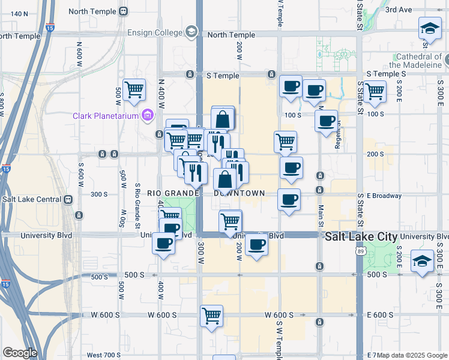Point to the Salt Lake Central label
click(x=32, y=199)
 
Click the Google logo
click(x=20, y=353)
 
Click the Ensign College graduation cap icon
click(x=191, y=31)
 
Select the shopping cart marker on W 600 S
click(x=211, y=316)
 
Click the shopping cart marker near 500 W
click(x=134, y=90)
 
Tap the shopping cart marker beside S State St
click(x=375, y=92)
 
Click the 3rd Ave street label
click(x=399, y=10)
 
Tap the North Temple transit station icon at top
click(x=124, y=11)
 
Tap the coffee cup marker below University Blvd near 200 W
click(x=257, y=245)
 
